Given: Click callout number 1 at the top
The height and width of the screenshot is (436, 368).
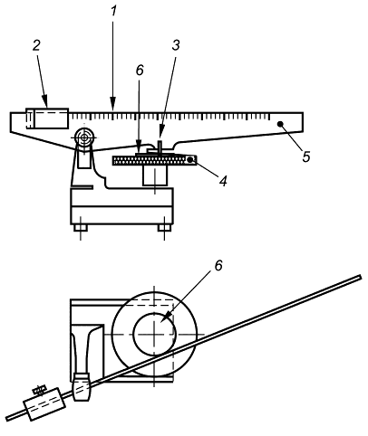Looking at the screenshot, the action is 113,11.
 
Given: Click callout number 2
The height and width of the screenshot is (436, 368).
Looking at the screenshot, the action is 36,45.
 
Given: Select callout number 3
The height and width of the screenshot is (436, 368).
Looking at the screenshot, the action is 176,45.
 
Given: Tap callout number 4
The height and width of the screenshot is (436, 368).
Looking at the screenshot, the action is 223,181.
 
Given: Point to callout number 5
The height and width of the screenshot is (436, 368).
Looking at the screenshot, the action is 306,156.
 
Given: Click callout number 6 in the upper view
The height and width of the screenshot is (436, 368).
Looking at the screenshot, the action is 140,71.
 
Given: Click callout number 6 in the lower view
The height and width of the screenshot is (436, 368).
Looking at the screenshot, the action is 218,265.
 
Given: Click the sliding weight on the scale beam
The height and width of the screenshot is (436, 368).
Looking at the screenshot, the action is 47,118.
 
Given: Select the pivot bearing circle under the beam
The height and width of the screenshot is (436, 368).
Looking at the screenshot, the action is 84,138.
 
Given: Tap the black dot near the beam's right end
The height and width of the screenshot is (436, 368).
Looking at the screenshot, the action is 280,123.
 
